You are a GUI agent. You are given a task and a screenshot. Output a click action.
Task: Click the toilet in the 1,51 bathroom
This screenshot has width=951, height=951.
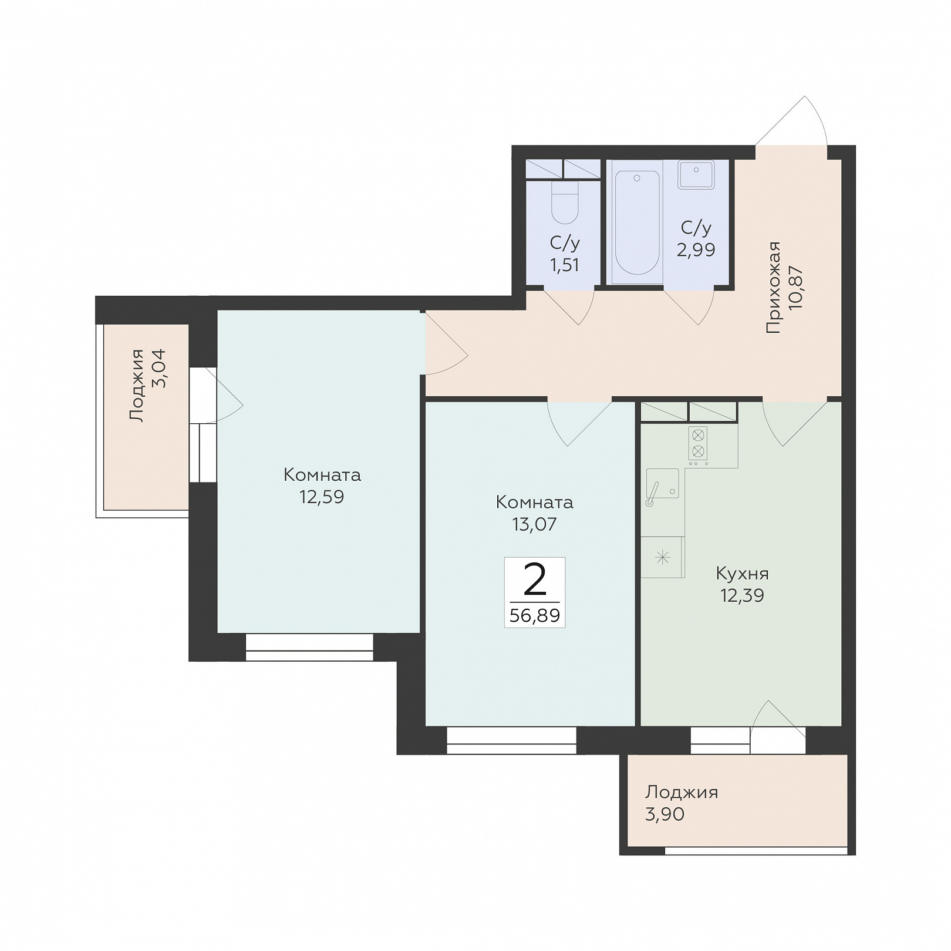pos(565,203)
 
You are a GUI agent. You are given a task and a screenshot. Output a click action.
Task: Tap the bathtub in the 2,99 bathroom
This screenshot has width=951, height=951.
pos(638,222)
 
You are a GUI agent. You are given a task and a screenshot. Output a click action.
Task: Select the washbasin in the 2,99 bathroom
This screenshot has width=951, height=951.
pos(696,175)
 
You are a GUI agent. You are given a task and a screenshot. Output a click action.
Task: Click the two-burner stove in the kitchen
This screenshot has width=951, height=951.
pos(698,444)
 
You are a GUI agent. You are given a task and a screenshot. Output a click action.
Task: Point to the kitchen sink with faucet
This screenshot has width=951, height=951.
pos(662,484)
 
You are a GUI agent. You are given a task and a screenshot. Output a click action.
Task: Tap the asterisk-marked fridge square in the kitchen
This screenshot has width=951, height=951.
pos(662,557)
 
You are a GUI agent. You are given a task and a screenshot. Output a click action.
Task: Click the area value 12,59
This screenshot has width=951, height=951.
pos(322,497)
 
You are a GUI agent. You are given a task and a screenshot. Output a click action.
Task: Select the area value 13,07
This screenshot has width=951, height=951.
pos(534,524)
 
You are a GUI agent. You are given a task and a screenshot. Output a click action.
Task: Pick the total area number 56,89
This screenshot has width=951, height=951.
pos(535,616)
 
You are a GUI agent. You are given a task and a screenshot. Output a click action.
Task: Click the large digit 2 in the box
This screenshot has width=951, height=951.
pos(535,580)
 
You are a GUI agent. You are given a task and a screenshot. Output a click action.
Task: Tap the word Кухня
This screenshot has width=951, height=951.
pos(742,573)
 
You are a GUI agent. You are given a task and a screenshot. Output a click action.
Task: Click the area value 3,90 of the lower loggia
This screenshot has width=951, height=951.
pos(665,814)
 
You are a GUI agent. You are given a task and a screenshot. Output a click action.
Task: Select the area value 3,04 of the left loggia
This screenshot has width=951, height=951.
pos(158,369)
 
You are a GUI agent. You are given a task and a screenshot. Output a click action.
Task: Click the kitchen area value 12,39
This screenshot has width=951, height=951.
pos(742,596)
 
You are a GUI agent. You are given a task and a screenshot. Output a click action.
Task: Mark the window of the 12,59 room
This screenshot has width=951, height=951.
pos(309,648)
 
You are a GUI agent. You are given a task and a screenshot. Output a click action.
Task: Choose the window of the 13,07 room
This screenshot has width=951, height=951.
pos(511,741)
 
